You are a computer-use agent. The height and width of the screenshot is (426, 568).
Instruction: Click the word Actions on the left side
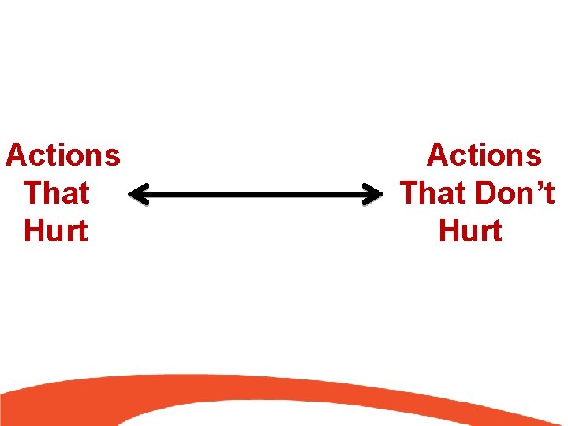point(63,155)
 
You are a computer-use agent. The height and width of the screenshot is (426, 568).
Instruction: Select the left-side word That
point(57,193)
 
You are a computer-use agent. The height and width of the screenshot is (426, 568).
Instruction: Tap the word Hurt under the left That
point(56,231)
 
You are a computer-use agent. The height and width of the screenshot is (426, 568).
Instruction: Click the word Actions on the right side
point(484,155)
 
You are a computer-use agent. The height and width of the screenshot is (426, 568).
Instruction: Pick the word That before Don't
point(432,193)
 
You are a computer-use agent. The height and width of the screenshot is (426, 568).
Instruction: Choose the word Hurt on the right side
point(470,231)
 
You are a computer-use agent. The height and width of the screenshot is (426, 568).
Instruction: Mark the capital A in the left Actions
point(16,155)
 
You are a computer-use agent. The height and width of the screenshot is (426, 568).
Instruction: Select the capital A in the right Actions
point(438,155)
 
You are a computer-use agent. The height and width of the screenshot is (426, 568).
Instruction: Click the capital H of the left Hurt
point(33,231)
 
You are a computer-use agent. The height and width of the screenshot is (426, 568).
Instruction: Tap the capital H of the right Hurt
point(448,231)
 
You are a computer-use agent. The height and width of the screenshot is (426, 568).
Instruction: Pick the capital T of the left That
point(33,193)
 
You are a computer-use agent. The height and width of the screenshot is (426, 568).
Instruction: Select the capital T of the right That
point(409,193)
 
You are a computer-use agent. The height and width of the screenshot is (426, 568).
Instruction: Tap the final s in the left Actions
point(113,158)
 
